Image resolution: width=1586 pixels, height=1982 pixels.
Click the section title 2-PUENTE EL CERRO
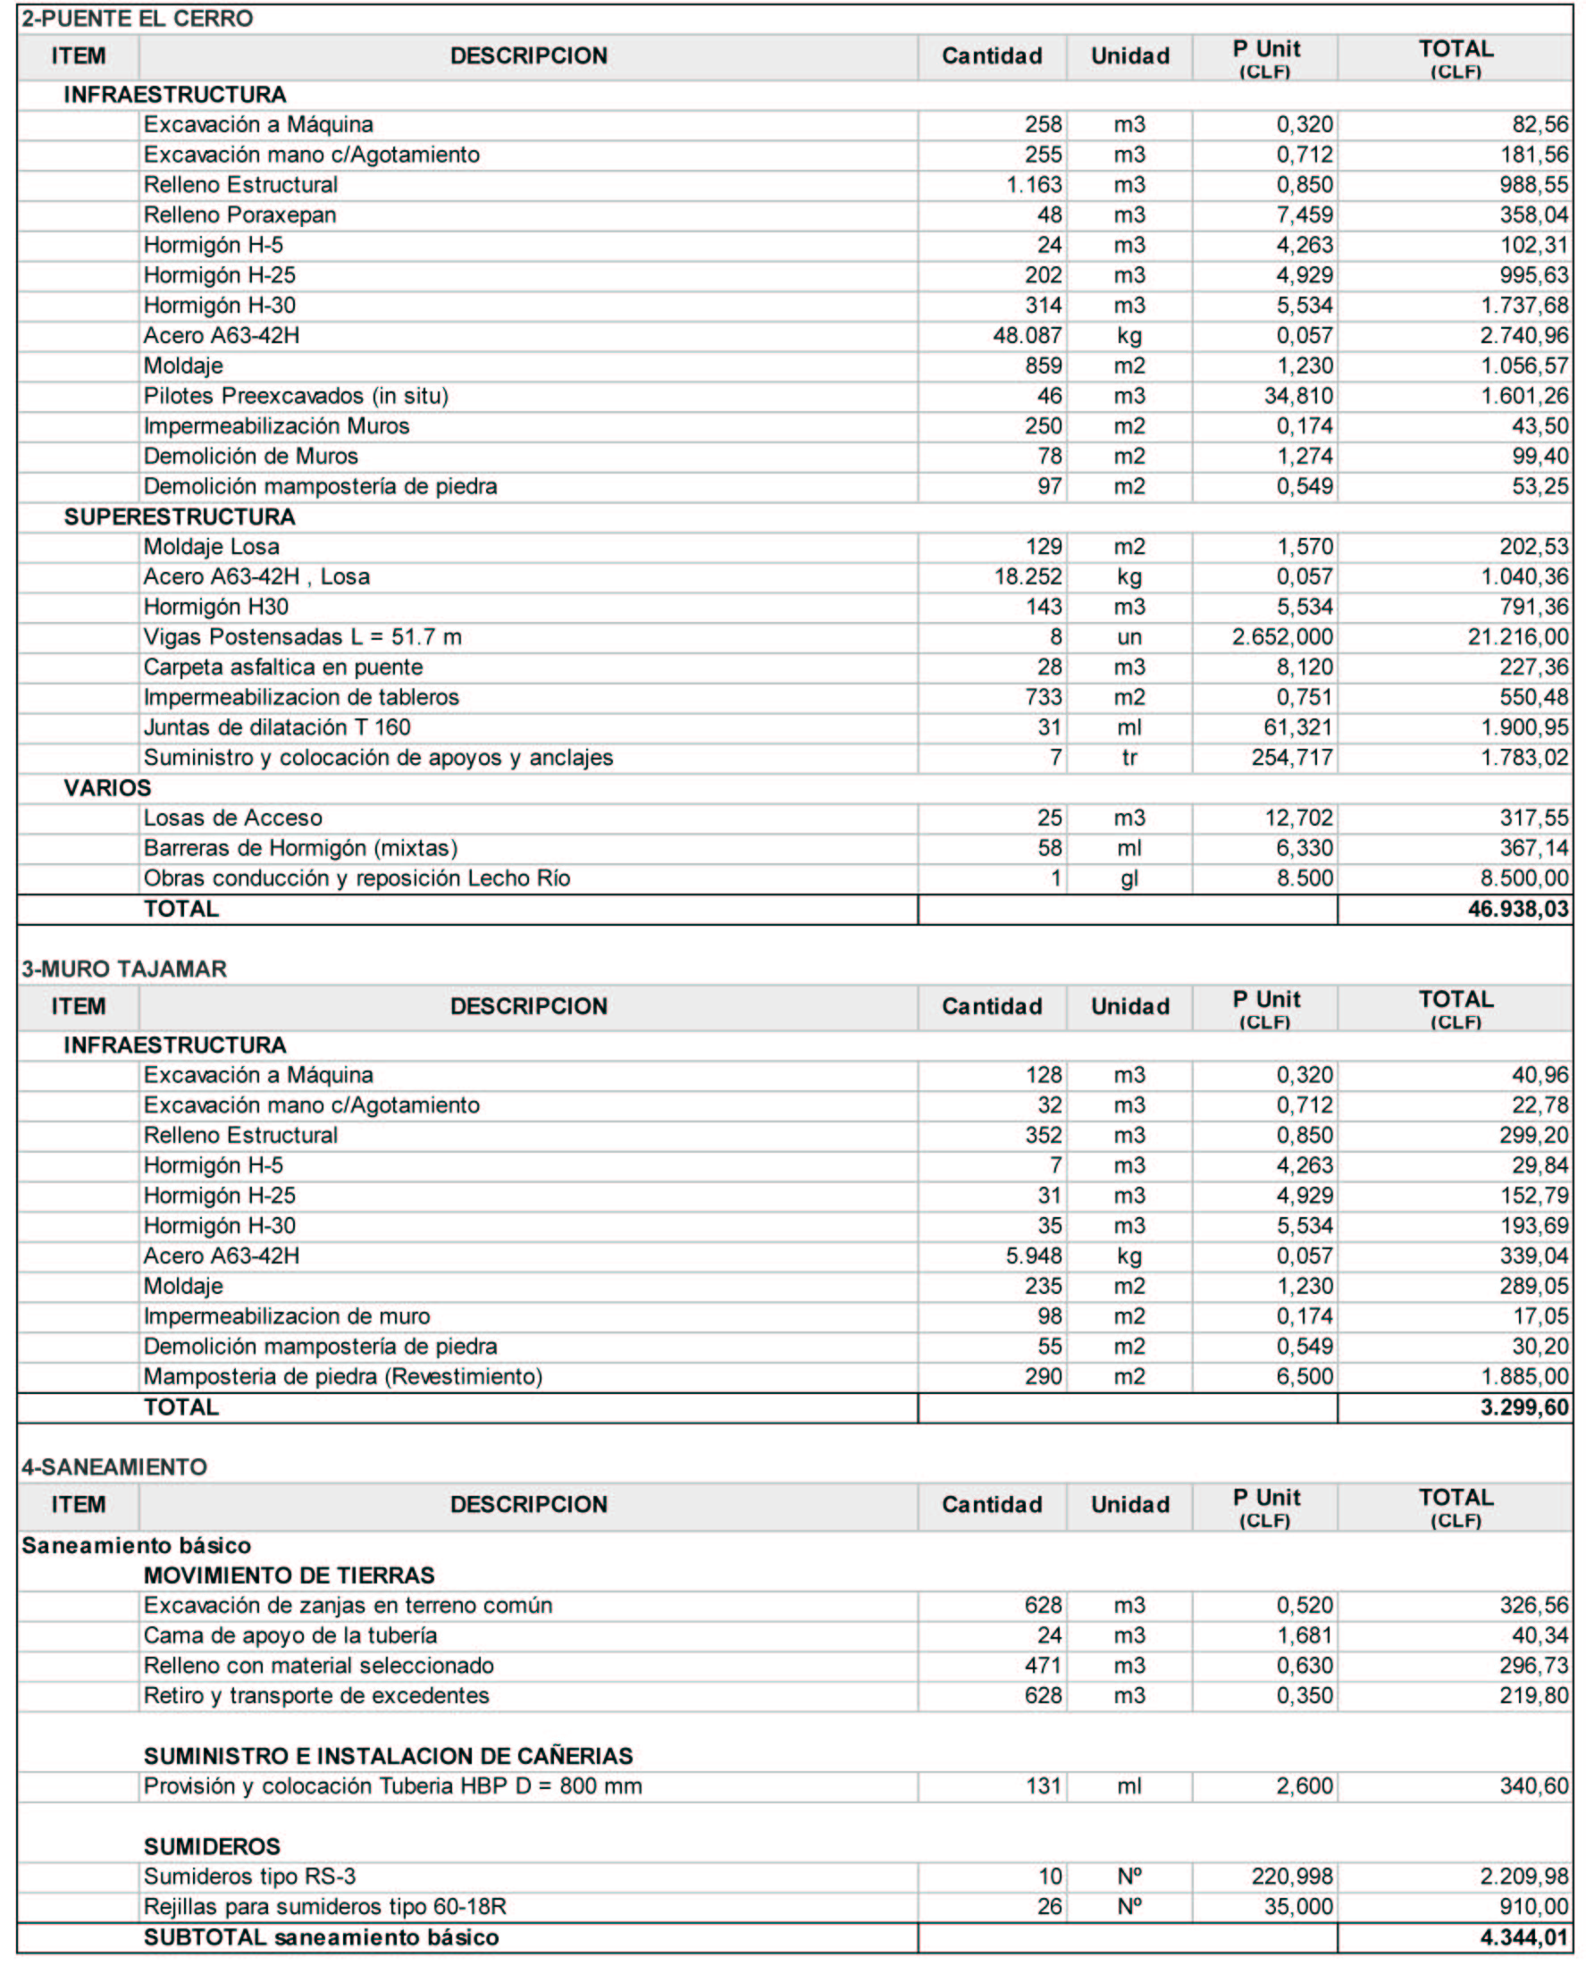coord(137,19)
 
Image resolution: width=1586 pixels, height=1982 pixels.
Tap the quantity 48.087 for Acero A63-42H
coord(1027,335)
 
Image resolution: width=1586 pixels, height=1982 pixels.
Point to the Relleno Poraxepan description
coord(240,215)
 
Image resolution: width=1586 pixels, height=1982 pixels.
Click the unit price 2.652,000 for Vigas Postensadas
coord(1281,637)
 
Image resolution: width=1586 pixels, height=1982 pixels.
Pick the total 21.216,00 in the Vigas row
coord(1517,637)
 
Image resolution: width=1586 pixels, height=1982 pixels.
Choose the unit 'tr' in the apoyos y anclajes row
coord(1129,758)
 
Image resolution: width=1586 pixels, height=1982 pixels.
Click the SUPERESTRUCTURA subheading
coord(180,516)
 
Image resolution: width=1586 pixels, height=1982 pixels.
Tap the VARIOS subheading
coord(107,788)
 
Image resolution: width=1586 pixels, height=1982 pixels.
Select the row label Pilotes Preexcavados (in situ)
coord(296,396)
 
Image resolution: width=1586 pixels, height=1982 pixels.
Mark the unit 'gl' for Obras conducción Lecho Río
coord(1129,878)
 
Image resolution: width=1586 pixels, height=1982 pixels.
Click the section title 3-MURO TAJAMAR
coord(124,969)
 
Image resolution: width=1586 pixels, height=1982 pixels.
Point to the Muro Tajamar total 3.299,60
coord(1523,1407)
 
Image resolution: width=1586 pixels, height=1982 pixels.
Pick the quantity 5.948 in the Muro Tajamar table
coord(1034,1256)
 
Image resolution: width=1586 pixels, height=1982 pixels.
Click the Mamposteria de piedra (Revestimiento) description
coord(343,1376)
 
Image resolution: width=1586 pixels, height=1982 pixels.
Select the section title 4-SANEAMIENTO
coord(114,1467)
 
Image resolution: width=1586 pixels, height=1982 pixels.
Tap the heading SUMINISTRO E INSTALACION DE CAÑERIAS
coord(388,1756)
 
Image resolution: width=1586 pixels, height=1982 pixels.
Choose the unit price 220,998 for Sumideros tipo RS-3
coord(1291,1877)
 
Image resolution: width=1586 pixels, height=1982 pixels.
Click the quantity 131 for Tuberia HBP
coord(1044,1786)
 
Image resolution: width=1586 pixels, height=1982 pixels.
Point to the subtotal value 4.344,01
coord(1523,1937)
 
